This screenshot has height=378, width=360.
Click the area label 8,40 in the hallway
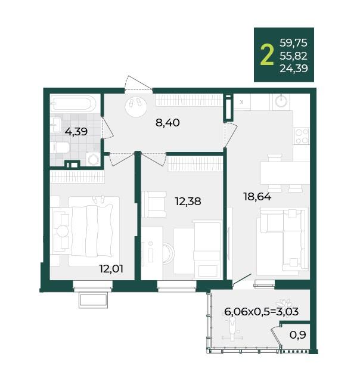(167, 123)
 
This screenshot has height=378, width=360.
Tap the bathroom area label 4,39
(76, 132)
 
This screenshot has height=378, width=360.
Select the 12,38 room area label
(188, 202)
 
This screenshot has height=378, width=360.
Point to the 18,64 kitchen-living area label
(257, 197)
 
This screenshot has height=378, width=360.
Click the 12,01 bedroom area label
(111, 268)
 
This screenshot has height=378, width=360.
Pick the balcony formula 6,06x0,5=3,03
(262, 311)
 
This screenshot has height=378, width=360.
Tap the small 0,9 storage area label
(298, 334)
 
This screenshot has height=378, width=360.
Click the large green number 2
(267, 56)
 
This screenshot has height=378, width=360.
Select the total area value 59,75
(293, 43)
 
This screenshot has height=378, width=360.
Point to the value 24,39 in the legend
(293, 69)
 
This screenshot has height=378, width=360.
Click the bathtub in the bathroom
(73, 104)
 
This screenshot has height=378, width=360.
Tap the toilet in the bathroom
(60, 147)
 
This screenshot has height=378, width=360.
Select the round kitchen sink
(281, 101)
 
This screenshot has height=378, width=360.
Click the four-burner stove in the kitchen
(302, 136)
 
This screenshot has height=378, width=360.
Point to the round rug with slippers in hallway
(136, 106)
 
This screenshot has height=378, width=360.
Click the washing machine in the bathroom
(93, 159)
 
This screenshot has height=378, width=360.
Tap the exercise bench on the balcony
(232, 329)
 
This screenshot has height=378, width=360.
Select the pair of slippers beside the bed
(99, 199)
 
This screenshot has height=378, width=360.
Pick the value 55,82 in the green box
(293, 56)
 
